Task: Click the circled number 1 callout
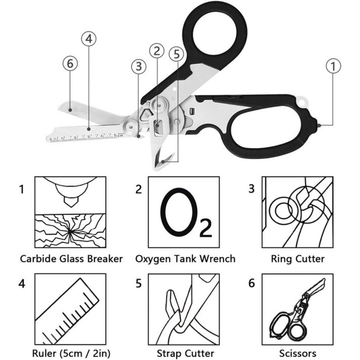332,67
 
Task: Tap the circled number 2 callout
156,51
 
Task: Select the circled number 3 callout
138,67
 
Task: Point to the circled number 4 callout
89,39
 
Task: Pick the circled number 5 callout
176,54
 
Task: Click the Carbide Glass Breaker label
72,259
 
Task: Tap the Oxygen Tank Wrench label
185,259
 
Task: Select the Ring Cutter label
297,259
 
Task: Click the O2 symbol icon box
185,212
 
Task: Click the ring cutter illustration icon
297,212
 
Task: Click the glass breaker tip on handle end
319,124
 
